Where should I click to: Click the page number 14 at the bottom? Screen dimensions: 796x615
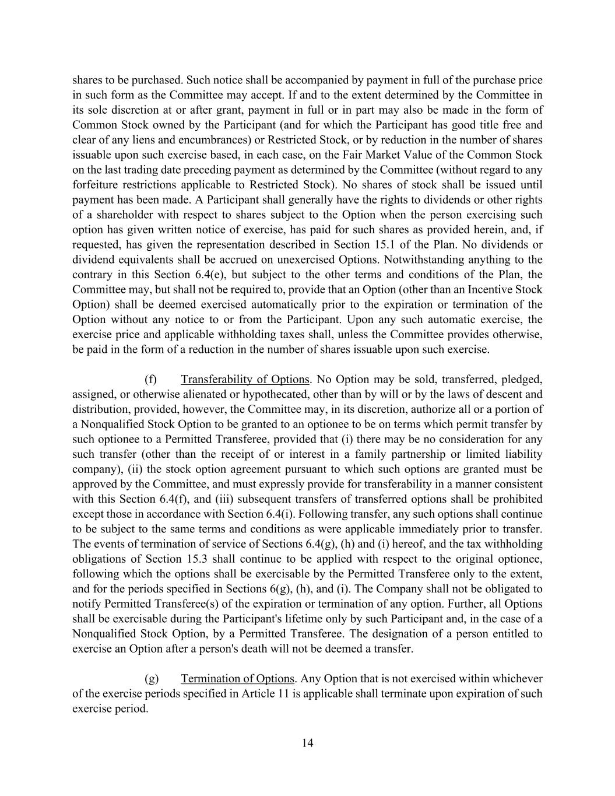point(308,743)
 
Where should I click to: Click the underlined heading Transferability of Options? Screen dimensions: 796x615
point(245,380)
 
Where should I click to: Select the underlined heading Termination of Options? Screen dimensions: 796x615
point(237,679)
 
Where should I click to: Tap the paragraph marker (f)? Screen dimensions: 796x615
point(151,380)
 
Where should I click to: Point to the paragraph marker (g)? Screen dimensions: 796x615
point(151,679)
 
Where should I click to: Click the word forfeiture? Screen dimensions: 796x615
point(96,185)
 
